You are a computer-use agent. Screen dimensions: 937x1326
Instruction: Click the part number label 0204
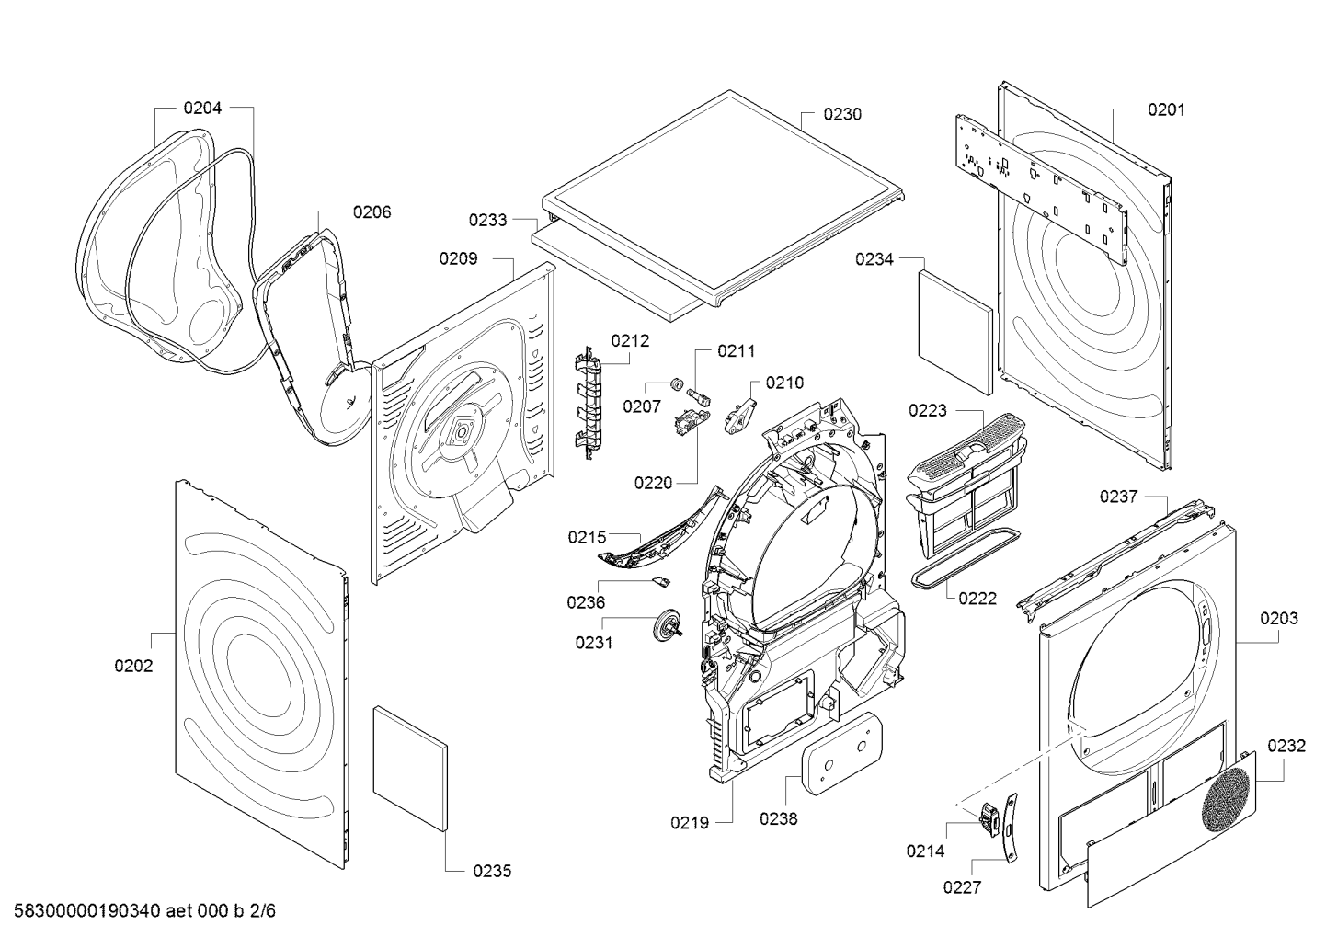tap(202, 108)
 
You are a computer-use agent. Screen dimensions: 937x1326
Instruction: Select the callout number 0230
tap(842, 114)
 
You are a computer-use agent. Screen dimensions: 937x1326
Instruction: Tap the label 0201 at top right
tap(1165, 109)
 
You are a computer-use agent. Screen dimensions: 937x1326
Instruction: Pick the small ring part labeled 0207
tap(672, 383)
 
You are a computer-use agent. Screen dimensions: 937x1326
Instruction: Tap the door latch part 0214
tap(988, 816)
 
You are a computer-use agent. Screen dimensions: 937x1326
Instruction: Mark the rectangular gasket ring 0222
tap(964, 560)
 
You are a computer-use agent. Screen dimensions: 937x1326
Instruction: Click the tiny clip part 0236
tap(659, 580)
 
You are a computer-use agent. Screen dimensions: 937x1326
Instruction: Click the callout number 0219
tap(689, 823)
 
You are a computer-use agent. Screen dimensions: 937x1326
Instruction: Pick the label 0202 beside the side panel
tap(133, 666)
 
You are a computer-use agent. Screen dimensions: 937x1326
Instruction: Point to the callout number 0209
tap(458, 258)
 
